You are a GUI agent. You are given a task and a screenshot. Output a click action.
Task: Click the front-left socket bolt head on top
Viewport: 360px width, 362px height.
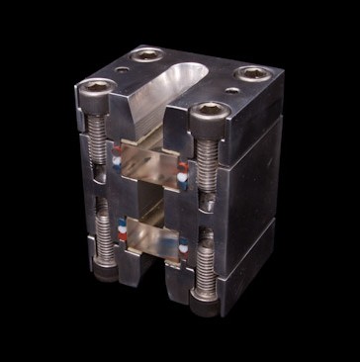96,90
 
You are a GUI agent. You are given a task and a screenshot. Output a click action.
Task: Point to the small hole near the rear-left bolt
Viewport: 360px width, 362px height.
123,72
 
